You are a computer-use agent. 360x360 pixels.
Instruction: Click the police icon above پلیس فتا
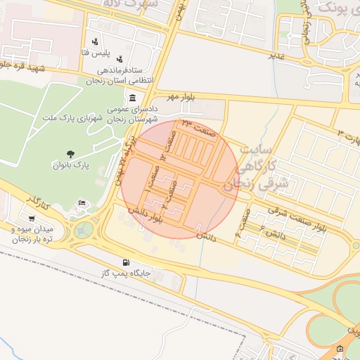pos(95,41)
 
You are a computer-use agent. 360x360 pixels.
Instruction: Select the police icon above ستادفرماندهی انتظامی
pos(120,60)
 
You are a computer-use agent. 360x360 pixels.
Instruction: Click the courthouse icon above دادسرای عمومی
pos(133,97)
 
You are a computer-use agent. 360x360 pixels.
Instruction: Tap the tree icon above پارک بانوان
pos(70,154)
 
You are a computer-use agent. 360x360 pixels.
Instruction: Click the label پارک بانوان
pos(70,166)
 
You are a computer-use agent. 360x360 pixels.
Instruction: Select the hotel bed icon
pos(82,203)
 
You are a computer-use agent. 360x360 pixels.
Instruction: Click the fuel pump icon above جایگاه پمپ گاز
pos(126,262)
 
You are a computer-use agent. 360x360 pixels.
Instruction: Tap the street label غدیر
pos(276,55)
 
